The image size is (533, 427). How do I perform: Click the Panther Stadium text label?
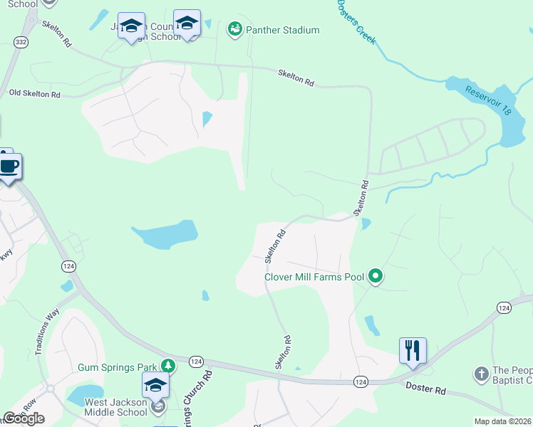tap(282, 30)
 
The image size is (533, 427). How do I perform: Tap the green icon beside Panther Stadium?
tap(234, 29)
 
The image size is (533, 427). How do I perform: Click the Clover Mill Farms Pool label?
tap(314, 277)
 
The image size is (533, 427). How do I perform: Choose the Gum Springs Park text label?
tap(117, 367)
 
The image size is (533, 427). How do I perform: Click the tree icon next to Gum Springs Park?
tap(167, 367)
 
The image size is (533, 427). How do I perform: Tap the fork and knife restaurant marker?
tap(413, 351)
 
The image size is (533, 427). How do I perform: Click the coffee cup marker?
tap(9, 167)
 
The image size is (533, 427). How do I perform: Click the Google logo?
tap(24, 418)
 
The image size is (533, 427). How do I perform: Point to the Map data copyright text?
tap(502, 421)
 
